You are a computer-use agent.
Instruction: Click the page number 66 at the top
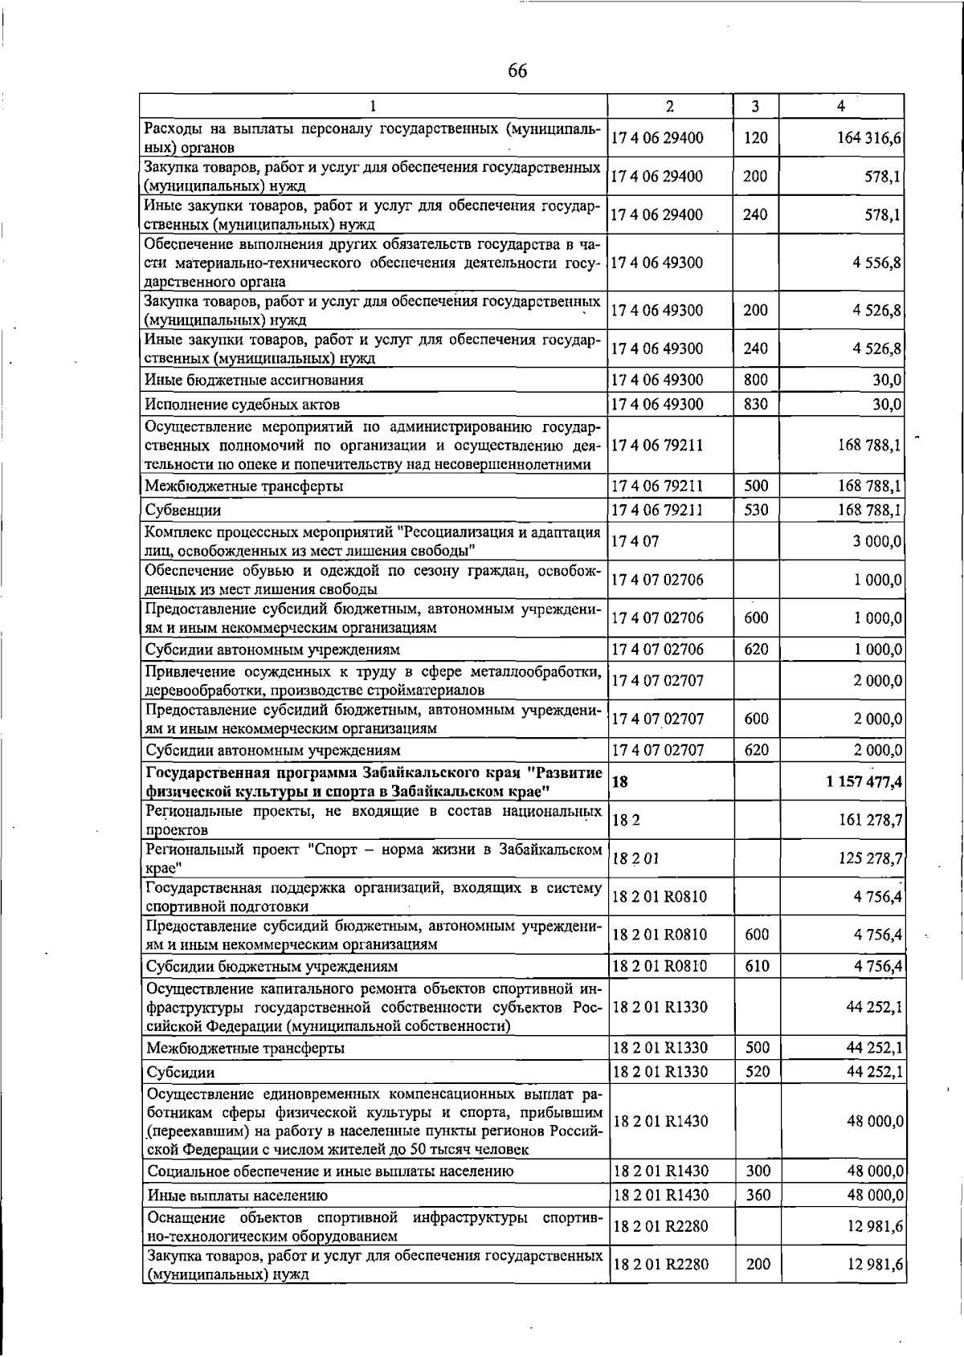pos(517,71)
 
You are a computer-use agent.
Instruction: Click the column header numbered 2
pos(670,106)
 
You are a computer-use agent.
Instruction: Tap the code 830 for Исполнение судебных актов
pos(756,404)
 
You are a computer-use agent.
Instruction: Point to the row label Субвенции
pos(183,510)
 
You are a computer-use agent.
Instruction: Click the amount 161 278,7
pos(871,820)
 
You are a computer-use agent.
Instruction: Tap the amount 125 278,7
pos(871,858)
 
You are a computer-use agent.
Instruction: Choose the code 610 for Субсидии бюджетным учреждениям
pos(757,966)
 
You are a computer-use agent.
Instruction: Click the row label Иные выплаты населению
pos(237,1196)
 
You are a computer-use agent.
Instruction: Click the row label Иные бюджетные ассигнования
pos(254,380)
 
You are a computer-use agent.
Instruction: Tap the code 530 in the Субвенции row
pos(756,509)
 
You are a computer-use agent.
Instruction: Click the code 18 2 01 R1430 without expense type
pos(660,1121)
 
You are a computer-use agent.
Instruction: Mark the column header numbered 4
pos(840,106)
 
